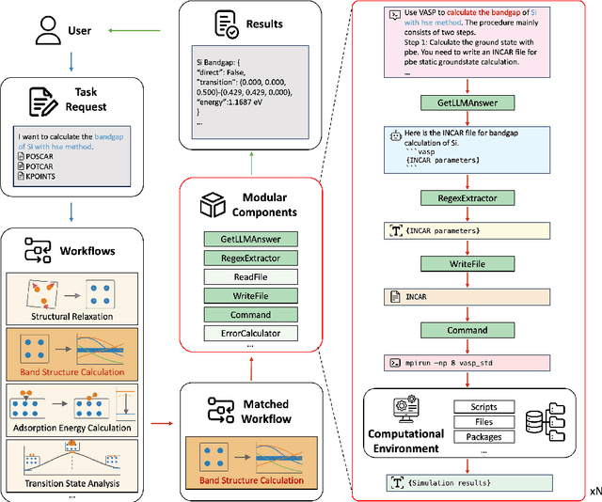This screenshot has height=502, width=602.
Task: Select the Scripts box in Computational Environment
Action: pyautogui.click(x=483, y=407)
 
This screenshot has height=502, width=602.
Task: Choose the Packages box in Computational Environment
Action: pyautogui.click(x=483, y=436)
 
